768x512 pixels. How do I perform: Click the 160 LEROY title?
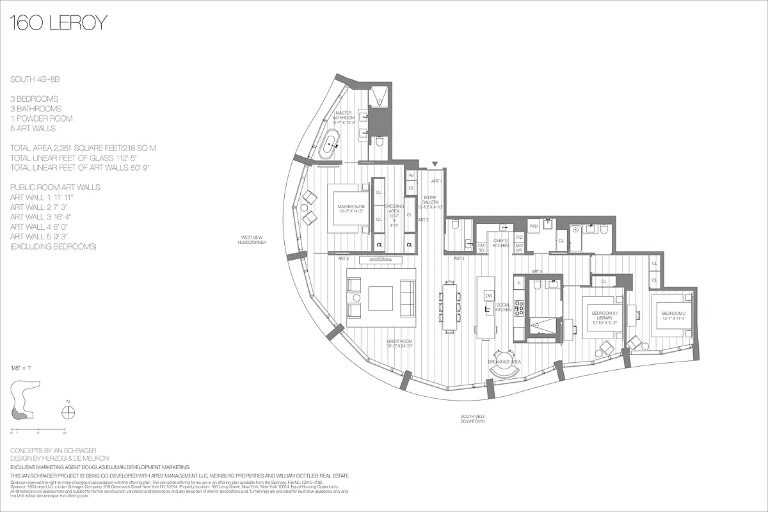point(58,24)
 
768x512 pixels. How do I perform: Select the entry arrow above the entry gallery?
point(435,164)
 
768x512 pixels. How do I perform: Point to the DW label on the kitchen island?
point(488,295)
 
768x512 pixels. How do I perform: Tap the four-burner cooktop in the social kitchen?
point(519,308)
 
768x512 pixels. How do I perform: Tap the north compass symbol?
point(70,412)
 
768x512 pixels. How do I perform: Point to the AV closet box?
point(412,175)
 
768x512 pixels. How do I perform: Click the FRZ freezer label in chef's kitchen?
point(519,237)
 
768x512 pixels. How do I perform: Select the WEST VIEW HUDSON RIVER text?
point(250,240)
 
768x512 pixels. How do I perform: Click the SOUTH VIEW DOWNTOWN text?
point(472,419)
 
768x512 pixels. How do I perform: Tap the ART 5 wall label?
point(536,271)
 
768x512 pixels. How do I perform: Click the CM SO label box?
point(481,247)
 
